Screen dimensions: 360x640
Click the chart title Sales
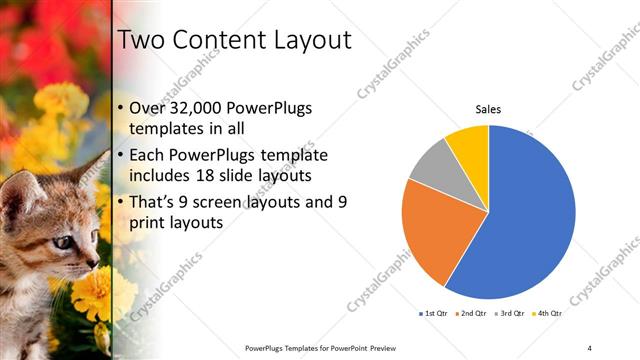488,110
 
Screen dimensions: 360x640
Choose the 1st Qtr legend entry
432,314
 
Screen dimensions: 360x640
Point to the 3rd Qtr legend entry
507,314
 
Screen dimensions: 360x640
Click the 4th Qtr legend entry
545,314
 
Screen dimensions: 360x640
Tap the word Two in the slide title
141,41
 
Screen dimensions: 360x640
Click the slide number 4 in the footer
590,347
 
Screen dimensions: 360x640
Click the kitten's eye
62,241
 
